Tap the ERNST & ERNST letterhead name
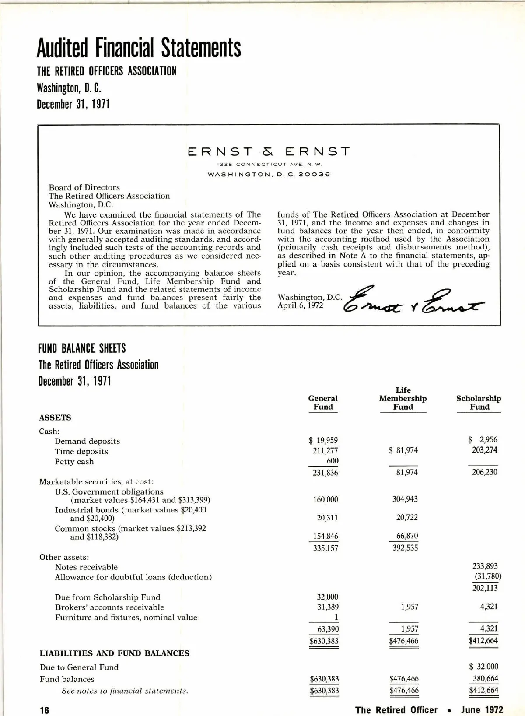[269, 152]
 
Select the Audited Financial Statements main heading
[139, 48]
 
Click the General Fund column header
[323, 403]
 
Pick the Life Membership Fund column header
[402, 398]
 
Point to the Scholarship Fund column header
[479, 403]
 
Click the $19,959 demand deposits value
[323, 440]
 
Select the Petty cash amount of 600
[332, 460]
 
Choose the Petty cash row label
[74, 462]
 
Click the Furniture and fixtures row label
[126, 618]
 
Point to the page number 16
[45, 710]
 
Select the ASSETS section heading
[55, 418]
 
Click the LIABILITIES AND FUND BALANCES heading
[115, 653]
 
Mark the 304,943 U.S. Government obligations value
[405, 499]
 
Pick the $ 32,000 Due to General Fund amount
[483, 667]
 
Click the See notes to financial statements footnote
[125, 691]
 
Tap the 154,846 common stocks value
[325, 536]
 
